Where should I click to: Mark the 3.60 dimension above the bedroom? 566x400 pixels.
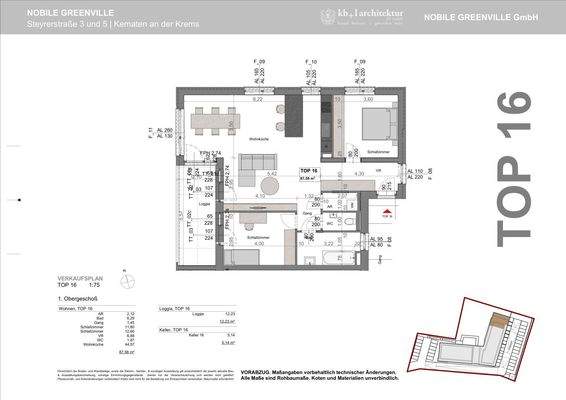(366, 100)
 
